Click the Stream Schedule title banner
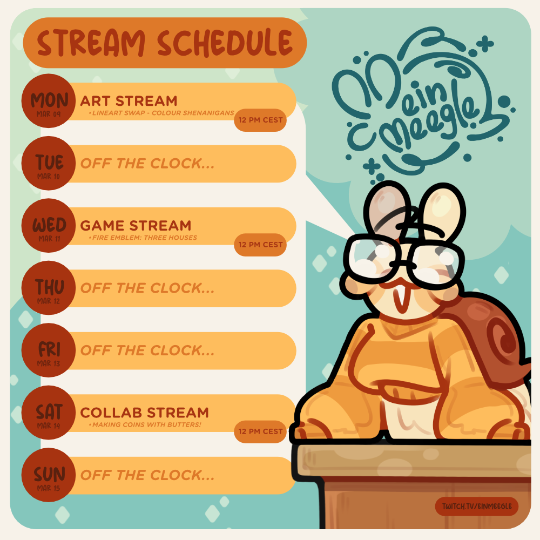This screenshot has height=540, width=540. [165, 43]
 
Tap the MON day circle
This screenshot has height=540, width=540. [49, 101]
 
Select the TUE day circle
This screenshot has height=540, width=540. [49, 163]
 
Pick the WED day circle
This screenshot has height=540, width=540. [49, 226]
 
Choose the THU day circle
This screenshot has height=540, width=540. [49, 288]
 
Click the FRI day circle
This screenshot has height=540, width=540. [49, 350]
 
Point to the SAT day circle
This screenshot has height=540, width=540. [49, 413]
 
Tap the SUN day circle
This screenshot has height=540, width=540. [49, 475]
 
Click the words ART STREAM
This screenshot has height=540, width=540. [129, 102]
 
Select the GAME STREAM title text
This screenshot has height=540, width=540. [136, 226]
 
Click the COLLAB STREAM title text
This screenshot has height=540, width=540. [145, 413]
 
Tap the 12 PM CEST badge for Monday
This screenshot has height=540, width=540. [260, 120]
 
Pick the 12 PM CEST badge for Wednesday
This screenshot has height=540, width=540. [260, 245]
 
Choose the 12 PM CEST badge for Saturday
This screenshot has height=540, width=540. [260, 431]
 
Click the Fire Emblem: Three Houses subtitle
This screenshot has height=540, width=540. [143, 238]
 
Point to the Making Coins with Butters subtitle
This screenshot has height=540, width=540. [145, 424]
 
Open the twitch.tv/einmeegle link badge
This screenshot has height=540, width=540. [477, 507]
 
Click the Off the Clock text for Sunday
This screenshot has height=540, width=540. [147, 475]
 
